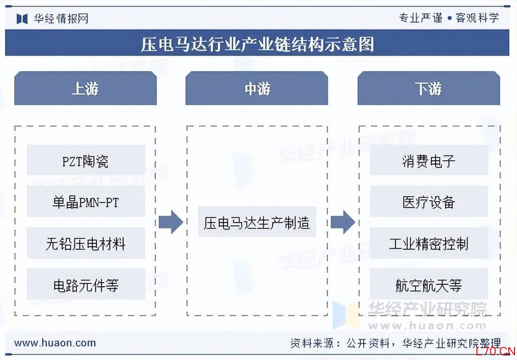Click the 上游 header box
tap(85, 88)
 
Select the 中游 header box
tap(257, 88)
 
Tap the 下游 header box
tap(429, 88)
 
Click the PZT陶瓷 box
tap(86, 160)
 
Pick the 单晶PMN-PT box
tap(86, 202)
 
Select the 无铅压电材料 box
tap(86, 243)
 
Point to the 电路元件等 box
tap(86, 284)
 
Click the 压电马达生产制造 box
tap(257, 222)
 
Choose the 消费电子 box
tap(429, 160)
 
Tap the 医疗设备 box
tap(429, 202)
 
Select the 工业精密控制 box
tap(429, 243)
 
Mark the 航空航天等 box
tap(429, 284)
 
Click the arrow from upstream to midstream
tap(171, 222)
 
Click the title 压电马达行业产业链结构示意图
tap(257, 44)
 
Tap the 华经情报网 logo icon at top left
tap(22, 19)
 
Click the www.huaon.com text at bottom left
tap(55, 343)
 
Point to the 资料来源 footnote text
tap(396, 343)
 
